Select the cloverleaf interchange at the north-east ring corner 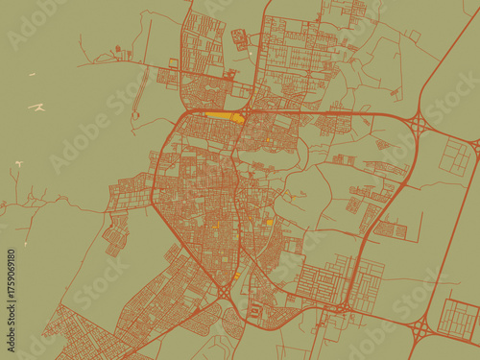(420, 124)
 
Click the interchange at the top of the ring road (248, 112)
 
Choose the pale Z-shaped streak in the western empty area (36, 107)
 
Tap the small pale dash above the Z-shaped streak (31, 74)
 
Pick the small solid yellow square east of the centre (270, 222)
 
